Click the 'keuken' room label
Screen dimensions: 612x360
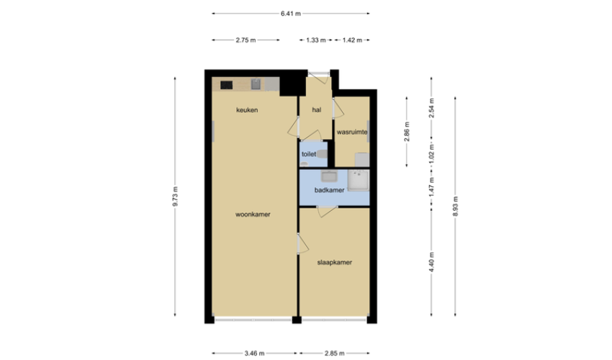[x=247, y=110]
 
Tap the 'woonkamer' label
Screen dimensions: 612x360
[x=253, y=215]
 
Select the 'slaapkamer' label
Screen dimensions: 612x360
[x=335, y=262]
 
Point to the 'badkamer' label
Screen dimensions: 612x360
[x=330, y=190]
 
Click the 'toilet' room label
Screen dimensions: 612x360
[x=309, y=154]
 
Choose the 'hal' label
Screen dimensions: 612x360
[x=317, y=110]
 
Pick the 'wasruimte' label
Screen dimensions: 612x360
[x=352, y=132]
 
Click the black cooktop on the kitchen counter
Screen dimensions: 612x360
[x=226, y=85]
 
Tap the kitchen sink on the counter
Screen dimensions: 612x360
[x=256, y=84]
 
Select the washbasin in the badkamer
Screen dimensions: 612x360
[x=328, y=176]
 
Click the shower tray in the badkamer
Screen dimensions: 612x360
[x=359, y=181]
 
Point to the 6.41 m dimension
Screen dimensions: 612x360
[x=291, y=14]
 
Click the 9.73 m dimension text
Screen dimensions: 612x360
[x=175, y=197]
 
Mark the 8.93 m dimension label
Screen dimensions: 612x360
[x=456, y=206]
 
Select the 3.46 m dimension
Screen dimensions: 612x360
[x=254, y=354]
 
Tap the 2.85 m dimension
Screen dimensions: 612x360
[x=335, y=354]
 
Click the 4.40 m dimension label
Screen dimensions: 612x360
[x=431, y=262]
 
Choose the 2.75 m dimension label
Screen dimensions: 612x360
[x=246, y=40]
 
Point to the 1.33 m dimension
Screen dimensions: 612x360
[x=316, y=40]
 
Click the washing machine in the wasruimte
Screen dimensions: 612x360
[x=362, y=160]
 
